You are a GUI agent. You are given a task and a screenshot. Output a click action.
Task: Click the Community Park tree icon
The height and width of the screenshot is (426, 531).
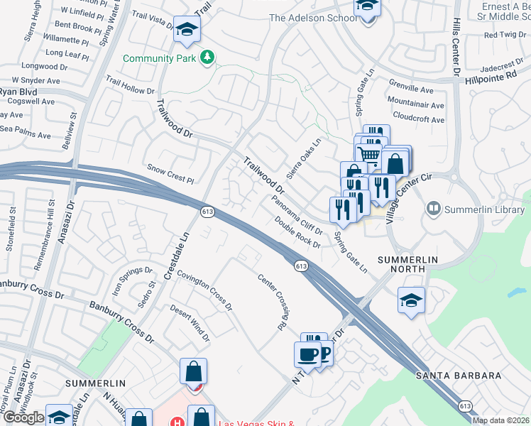207,57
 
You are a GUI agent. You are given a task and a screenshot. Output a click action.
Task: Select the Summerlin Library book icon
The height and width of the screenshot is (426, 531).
433,209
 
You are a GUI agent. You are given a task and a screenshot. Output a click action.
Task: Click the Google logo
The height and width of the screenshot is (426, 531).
23,417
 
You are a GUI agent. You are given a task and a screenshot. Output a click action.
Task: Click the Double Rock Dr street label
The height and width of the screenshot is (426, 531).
297,232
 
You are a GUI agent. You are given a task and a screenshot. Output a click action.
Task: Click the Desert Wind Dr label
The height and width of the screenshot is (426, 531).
190,323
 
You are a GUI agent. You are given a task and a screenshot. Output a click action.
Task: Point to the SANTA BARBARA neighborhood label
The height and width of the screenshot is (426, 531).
459,376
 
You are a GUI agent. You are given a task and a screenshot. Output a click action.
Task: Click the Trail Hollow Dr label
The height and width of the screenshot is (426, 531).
130,85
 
